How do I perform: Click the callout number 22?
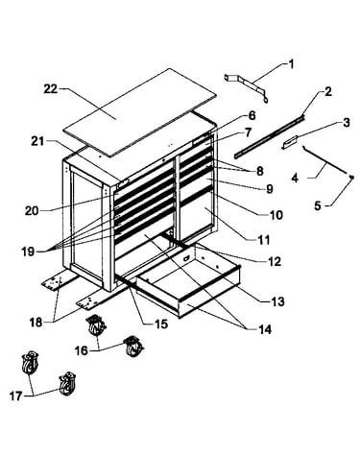tap(51, 89)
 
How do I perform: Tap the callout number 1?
tap(291, 64)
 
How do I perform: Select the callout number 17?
tap(15, 396)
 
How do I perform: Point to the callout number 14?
tap(265, 329)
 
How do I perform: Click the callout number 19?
tap(28, 252)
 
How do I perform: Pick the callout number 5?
tap(317, 205)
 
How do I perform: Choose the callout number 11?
tap(264, 240)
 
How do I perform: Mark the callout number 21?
tap(37, 141)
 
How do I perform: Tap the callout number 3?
tap(346, 123)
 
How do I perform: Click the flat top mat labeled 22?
tap(139, 112)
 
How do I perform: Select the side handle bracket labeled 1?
tap(246, 88)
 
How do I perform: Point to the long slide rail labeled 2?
tap(270, 136)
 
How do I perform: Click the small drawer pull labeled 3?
tap(290, 142)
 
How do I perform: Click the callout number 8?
tap(259, 171)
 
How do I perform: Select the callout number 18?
tap(36, 323)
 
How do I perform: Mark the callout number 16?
tap(82, 350)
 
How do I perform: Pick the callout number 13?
tap(277, 301)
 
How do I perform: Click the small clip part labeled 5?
tap(351, 177)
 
